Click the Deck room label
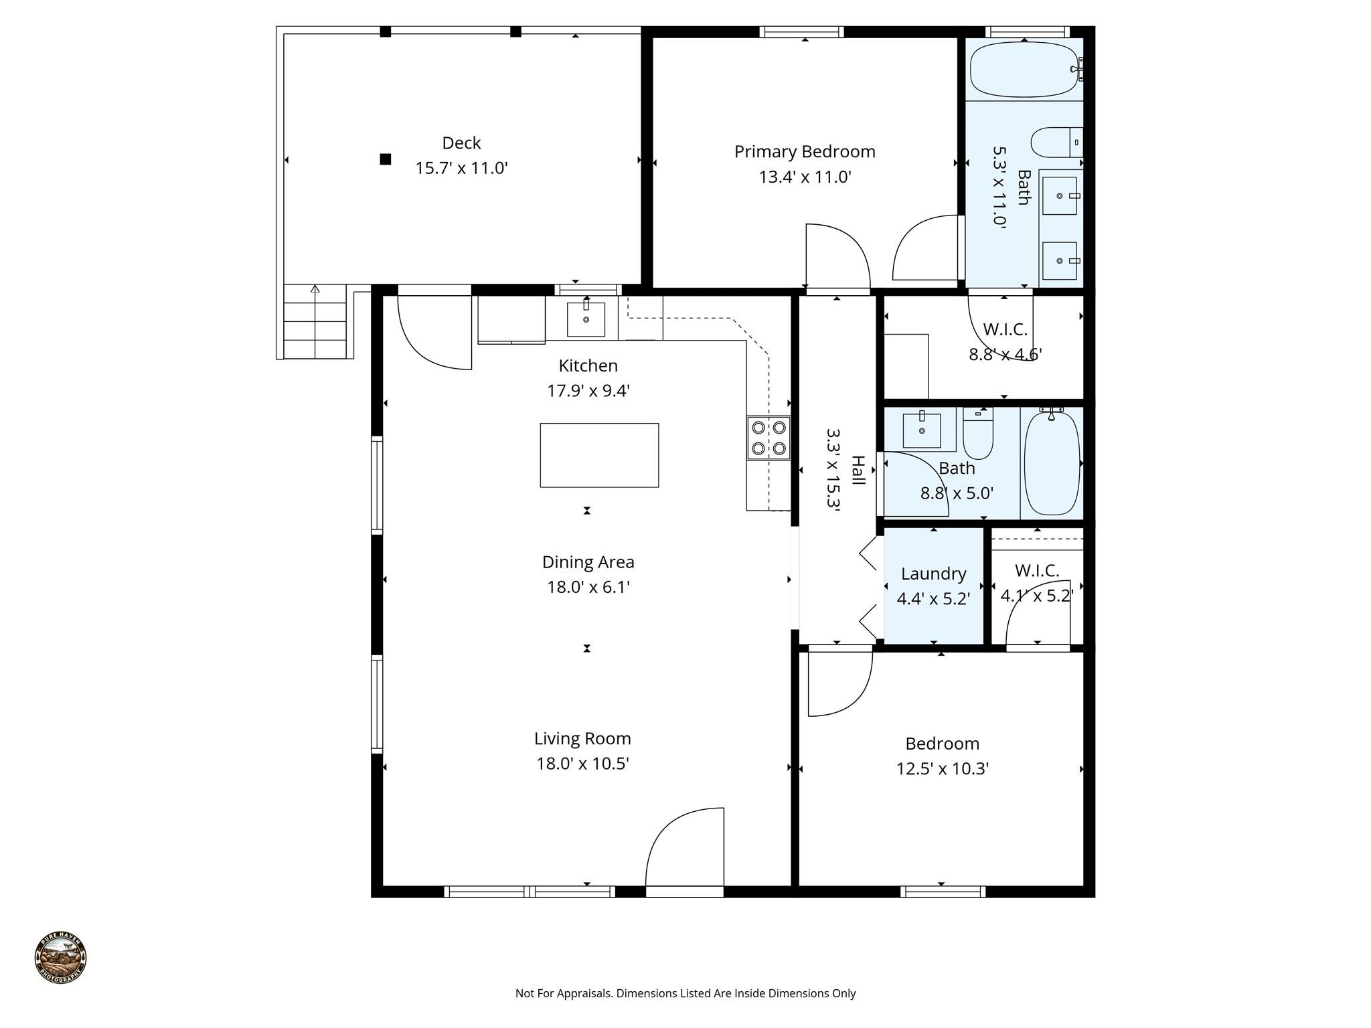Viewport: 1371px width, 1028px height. coord(461,143)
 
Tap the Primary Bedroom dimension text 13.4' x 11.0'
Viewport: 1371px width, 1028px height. coord(805,177)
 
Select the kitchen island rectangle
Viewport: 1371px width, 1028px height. coord(599,455)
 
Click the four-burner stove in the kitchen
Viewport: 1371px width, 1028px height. coord(769,438)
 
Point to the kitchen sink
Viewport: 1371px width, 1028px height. coord(586,319)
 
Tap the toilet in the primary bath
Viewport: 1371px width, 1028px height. coord(1054,143)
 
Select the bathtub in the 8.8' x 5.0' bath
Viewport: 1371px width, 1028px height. coord(1052,463)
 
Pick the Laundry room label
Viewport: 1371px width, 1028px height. coord(933,574)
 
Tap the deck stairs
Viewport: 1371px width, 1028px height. coord(315,322)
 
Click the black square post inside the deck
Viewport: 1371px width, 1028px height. coord(385,159)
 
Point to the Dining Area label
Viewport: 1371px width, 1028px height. coord(588,562)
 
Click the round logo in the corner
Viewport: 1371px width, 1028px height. coord(61,958)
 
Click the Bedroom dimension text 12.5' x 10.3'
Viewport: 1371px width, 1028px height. coord(943,769)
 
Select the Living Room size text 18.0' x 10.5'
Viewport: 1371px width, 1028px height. coord(582,764)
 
